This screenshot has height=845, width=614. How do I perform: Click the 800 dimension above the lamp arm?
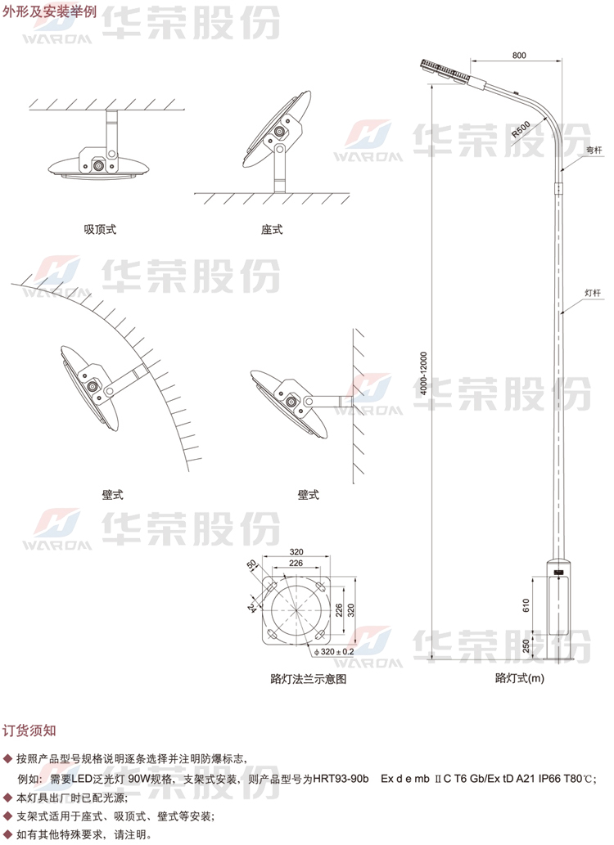coord(518,55)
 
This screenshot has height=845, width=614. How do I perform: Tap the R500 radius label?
coord(521,130)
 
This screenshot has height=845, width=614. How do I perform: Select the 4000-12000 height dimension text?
coord(424,374)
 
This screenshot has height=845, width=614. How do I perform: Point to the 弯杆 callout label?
coord(594,150)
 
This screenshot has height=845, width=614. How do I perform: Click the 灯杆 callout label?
coord(593,293)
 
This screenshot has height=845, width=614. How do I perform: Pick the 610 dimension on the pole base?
coord(526,605)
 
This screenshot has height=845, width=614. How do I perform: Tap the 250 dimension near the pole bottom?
coord(526,645)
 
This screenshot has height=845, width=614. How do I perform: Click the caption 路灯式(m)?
coord(520,678)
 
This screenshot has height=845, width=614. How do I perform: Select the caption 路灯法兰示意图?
coord(308,679)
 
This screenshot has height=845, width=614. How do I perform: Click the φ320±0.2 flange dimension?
coord(334,651)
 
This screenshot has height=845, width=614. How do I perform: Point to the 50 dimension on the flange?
coord(252,564)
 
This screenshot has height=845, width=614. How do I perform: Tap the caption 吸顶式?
coord(101,230)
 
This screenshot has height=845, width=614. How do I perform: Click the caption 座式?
coord(272,230)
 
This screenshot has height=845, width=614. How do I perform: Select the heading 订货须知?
coord(29,730)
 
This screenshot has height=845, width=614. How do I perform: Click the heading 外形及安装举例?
coord(49,11)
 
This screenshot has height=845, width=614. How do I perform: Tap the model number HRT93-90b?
coord(341,779)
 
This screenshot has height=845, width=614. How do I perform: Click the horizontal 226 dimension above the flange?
coord(296,563)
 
